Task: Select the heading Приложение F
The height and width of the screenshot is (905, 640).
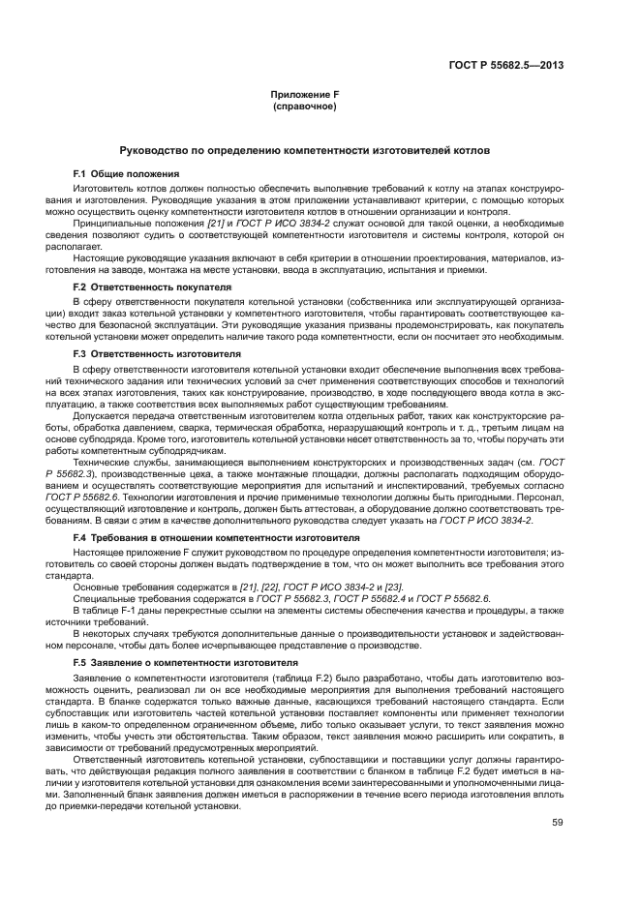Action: (x=305, y=94)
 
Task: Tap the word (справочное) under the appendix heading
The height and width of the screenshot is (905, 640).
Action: (x=305, y=106)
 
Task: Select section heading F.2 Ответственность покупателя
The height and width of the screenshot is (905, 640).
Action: (x=152, y=287)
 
